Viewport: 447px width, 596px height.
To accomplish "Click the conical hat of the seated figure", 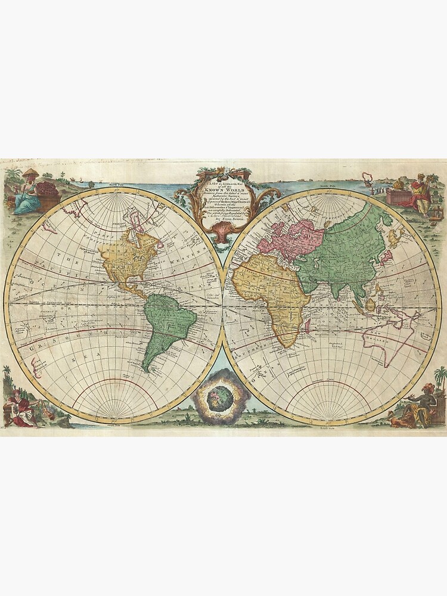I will pos(30,173).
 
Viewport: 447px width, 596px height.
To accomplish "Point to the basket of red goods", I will pos(48,190).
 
